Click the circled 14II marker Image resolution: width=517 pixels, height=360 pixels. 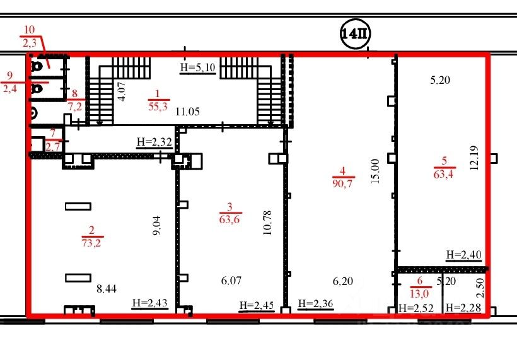click(x=355, y=34)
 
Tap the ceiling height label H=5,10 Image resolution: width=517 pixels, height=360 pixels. click(x=198, y=67)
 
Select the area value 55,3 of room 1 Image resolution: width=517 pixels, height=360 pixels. click(x=158, y=106)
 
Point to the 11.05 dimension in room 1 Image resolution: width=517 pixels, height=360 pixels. click(x=187, y=112)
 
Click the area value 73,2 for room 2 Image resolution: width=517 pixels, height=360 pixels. click(x=91, y=243)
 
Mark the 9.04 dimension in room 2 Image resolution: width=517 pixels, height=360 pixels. click(x=157, y=225)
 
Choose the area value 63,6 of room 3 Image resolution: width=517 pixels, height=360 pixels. click(x=229, y=219)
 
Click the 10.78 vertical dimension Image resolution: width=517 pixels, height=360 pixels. click(x=267, y=223)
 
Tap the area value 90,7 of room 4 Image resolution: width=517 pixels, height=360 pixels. click(x=342, y=183)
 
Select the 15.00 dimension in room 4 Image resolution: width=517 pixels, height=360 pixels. click(x=375, y=171)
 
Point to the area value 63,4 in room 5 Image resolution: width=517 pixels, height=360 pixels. click(x=443, y=173)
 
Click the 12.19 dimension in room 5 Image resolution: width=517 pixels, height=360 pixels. click(x=475, y=158)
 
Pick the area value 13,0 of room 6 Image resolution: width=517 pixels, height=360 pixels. click(x=419, y=293)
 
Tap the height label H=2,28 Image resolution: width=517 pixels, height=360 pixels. click(x=463, y=308)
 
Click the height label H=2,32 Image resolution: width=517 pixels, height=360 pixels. click(x=154, y=142)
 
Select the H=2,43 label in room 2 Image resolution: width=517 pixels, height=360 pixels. click(x=150, y=303)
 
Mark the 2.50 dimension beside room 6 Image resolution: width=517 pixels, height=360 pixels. click(x=480, y=287)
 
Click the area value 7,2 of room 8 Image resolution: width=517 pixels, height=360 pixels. click(x=75, y=107)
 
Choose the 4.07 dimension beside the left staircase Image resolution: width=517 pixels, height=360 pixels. click(x=122, y=91)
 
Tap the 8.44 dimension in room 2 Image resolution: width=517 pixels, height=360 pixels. click(x=107, y=289)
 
